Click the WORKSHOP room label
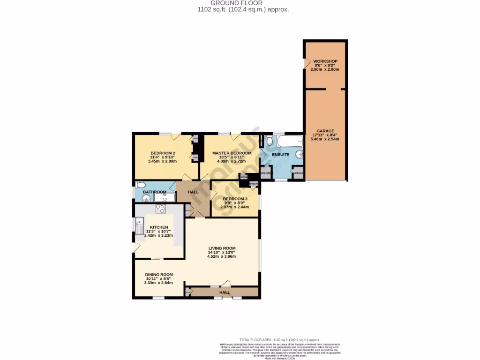(x=325, y=61)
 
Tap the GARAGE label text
(x=325, y=131)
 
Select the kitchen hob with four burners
(x=161, y=210)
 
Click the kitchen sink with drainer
(x=140, y=226)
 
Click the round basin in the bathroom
(x=146, y=198)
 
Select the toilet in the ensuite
(x=269, y=140)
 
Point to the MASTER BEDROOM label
(x=232, y=153)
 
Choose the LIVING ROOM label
(x=222, y=248)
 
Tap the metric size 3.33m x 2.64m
(x=158, y=283)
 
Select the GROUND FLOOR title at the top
(x=243, y=3)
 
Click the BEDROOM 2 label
(x=163, y=153)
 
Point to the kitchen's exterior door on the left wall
(x=136, y=247)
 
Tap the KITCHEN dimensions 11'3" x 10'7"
(x=158, y=231)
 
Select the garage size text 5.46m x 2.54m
(x=325, y=140)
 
